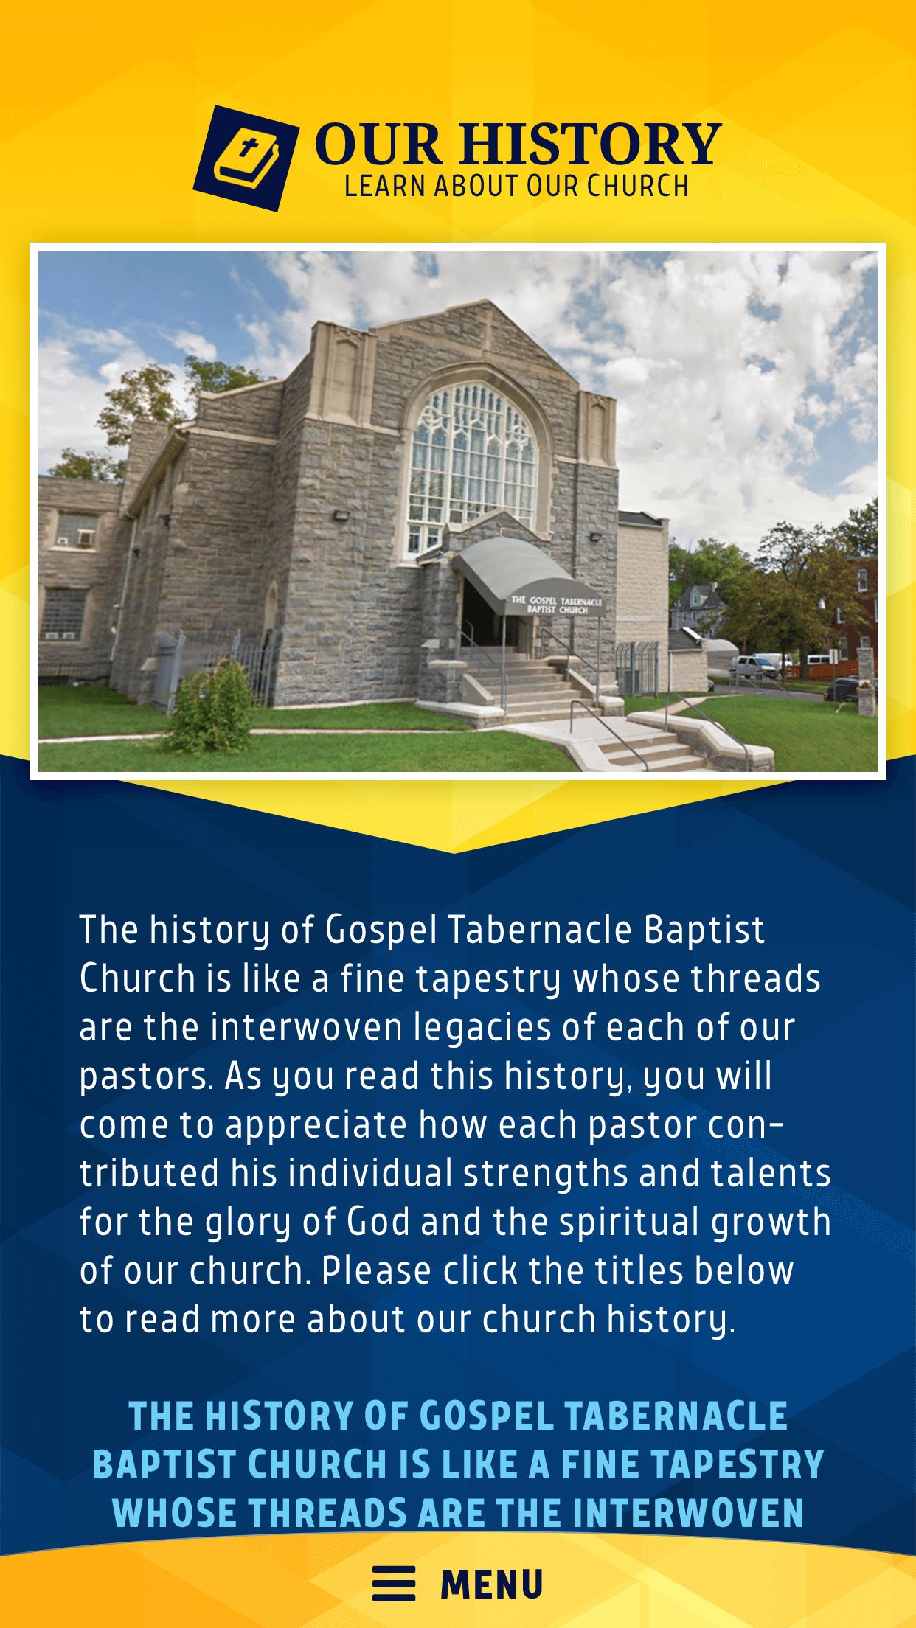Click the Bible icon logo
click(246, 158)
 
